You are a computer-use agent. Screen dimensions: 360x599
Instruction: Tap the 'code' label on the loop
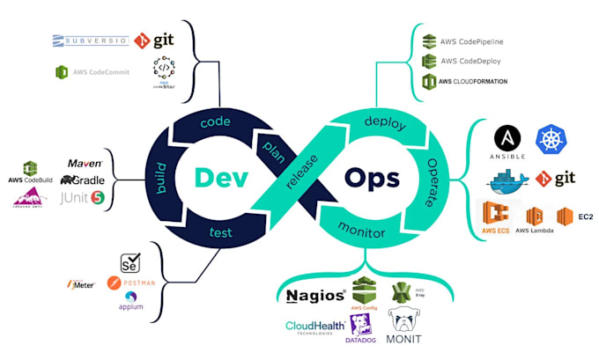(215, 122)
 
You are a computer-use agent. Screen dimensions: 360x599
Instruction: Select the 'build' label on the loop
(161, 179)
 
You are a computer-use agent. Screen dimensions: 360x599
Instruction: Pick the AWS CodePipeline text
(471, 41)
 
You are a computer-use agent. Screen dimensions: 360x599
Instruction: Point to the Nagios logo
(315, 294)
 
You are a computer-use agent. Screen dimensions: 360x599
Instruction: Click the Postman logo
(132, 283)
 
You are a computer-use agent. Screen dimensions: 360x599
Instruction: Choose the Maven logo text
(85, 164)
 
